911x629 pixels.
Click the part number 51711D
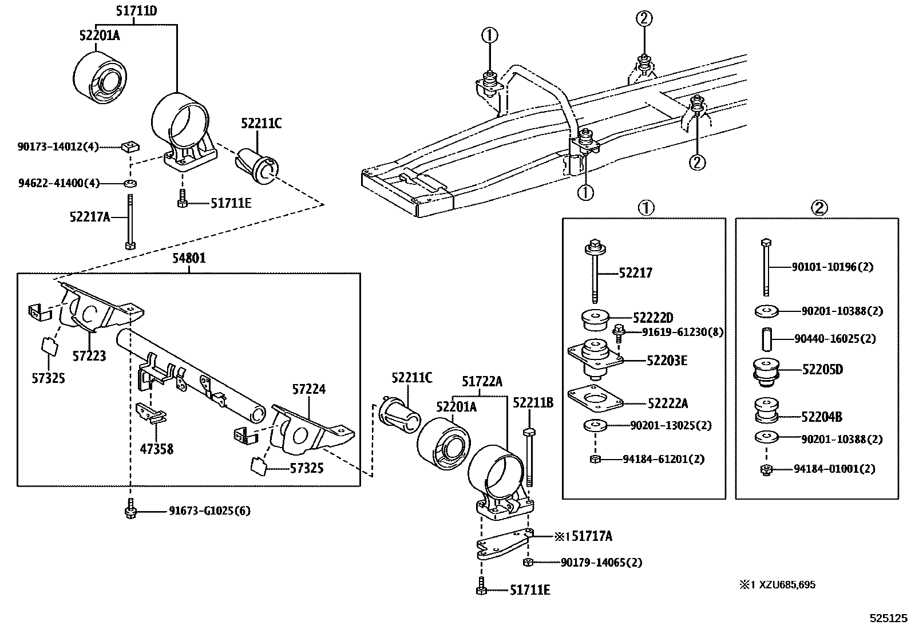pos(136,11)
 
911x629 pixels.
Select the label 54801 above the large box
pos(189,258)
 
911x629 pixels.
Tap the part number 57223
pos(89,356)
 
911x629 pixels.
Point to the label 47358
pos(157,449)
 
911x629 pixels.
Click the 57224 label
pos(308,389)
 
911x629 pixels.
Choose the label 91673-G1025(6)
pos(210,511)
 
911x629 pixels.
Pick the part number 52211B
pos(533,403)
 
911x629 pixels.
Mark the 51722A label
pos(482,381)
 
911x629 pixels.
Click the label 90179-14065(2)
pos(601,562)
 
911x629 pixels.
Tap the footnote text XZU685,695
pos(787,585)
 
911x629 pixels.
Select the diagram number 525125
pos(889,619)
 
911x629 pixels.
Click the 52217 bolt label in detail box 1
pos(635,272)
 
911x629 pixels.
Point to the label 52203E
pos(667,361)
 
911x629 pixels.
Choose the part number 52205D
pos(822,369)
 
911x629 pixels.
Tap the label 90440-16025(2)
pos(835,338)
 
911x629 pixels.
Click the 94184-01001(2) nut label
pos(834,469)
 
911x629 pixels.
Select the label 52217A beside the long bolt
pos(90,217)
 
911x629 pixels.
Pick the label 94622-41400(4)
pos(59,183)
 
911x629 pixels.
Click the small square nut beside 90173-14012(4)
pos(130,146)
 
